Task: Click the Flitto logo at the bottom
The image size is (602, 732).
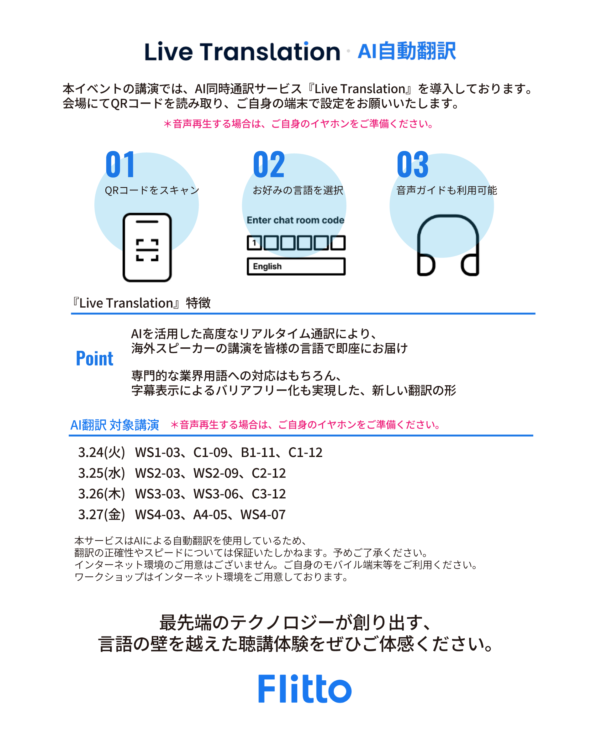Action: point(304,689)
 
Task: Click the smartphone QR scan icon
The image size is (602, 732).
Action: point(147,247)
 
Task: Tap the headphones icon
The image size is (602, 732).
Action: point(448,245)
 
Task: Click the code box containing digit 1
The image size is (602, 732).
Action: point(254,242)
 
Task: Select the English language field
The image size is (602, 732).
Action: point(296,267)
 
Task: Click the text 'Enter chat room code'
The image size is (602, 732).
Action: point(295,220)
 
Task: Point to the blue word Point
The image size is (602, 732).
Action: point(94,358)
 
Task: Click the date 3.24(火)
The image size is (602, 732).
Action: point(101,452)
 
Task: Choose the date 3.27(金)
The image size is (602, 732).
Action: point(101,514)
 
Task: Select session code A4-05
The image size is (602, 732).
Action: point(210,514)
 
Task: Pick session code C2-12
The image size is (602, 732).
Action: point(269,473)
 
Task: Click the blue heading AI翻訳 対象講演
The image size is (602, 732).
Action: point(114,425)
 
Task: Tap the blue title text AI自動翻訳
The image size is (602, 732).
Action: point(406,51)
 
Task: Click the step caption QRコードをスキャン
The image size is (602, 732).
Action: point(152,190)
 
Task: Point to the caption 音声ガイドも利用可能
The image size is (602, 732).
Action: point(447,190)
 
